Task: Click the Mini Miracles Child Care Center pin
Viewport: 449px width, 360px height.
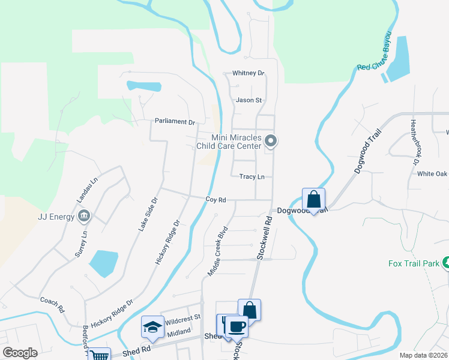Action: (271, 142)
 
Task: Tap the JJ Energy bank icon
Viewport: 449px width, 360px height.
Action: (84, 216)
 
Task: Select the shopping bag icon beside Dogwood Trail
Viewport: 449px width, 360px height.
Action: (313, 199)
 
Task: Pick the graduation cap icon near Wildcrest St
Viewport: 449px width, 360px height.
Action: (152, 327)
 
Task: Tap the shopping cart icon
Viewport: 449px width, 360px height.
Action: (99, 355)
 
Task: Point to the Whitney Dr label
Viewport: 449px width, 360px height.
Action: (249, 73)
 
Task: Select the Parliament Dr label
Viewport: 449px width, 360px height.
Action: (175, 121)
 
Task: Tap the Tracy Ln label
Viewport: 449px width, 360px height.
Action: (252, 177)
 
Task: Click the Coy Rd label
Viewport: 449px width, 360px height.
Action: (215, 199)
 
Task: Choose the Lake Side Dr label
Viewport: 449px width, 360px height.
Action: (148, 214)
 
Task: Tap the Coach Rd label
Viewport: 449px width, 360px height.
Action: (52, 305)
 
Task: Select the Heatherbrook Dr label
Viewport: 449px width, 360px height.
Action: (414, 141)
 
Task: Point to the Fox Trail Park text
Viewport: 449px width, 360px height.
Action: (414, 263)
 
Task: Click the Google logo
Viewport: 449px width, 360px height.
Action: (20, 352)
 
